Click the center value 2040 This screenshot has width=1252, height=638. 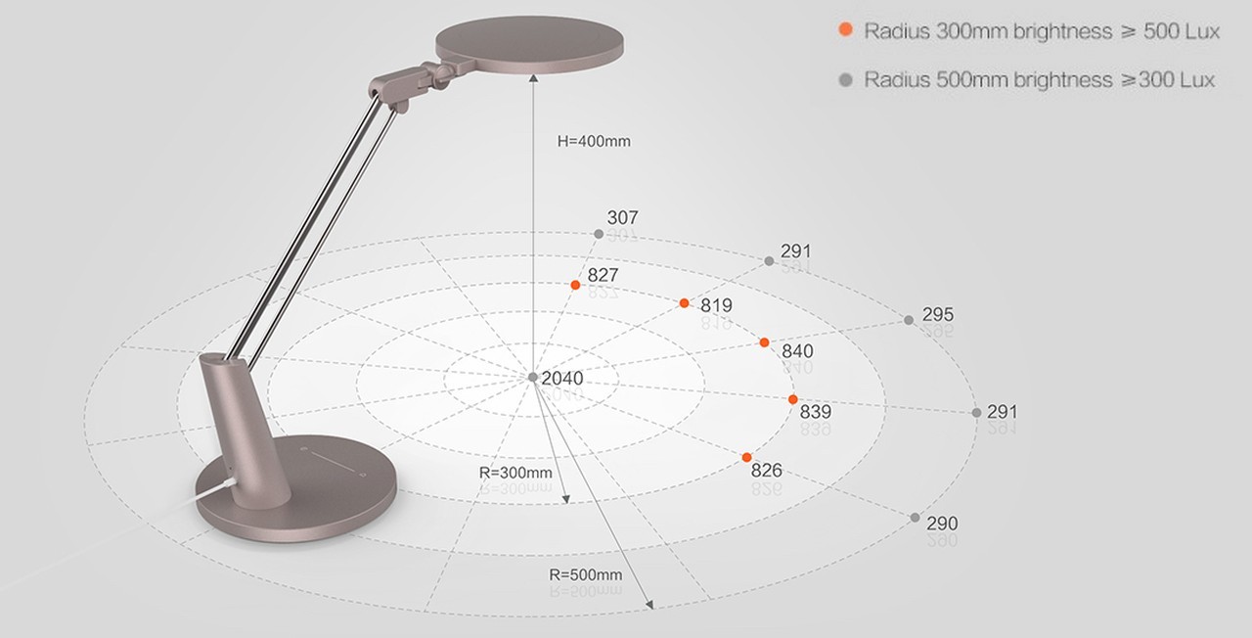pos(562,379)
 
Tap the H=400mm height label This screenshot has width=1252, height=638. pos(594,142)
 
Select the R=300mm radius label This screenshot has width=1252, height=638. pos(515,473)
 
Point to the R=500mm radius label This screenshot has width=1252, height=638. pos(585,574)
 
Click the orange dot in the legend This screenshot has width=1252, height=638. pos(846,29)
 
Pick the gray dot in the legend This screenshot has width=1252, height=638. pos(846,80)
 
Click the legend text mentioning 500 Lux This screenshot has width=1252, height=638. pos(1042,31)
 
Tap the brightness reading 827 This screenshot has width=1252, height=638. pos(604,275)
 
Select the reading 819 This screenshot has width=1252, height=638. pos(716,305)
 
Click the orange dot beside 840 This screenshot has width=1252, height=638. pos(764,342)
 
